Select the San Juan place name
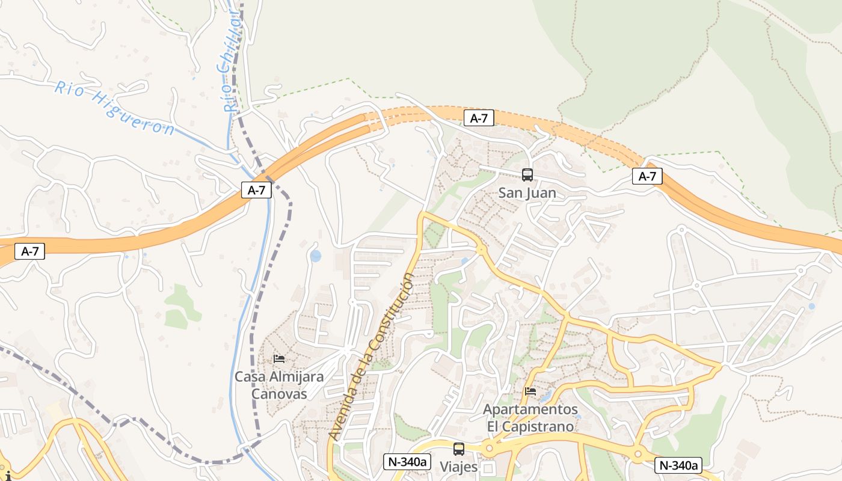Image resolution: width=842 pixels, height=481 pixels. coord(527,193)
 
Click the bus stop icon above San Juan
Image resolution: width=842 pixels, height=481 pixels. coord(527,175)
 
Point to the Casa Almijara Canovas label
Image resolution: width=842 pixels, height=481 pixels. coord(278,385)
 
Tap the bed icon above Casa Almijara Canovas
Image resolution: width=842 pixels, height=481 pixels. coord(279,359)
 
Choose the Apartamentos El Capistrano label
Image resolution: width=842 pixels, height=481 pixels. coord(530,418)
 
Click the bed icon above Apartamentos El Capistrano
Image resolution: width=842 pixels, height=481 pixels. coord(530,391)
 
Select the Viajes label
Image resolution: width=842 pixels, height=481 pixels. coord(458,467)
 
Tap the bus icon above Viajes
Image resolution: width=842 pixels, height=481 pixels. coord(459,449)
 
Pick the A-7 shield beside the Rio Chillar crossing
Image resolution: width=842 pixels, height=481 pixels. coord(257,191)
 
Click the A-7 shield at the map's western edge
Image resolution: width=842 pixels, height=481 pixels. coord(29,251)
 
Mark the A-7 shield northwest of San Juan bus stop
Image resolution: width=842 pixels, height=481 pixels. coord(479,118)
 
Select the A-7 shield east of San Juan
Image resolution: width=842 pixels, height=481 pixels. coord(647,176)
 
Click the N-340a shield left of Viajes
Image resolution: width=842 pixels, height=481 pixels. coord(408,462)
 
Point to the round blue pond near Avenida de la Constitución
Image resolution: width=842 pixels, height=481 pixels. coord(316,256)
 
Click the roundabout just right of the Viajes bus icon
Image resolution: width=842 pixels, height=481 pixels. coord(489,448)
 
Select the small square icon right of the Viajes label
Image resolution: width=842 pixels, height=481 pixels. coord(488,468)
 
